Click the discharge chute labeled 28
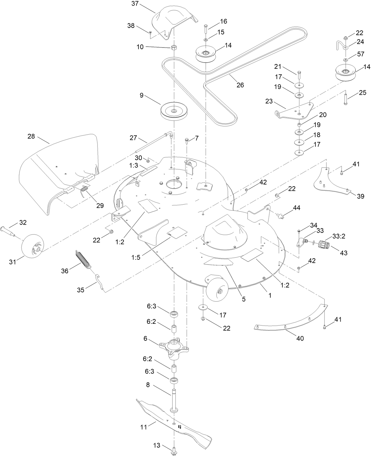[59, 171]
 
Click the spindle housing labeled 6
[174, 347]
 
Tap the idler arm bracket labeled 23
[295, 112]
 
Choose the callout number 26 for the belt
[240, 85]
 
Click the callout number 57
[361, 54]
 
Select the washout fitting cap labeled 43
[325, 245]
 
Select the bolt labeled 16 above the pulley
[206, 29]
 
